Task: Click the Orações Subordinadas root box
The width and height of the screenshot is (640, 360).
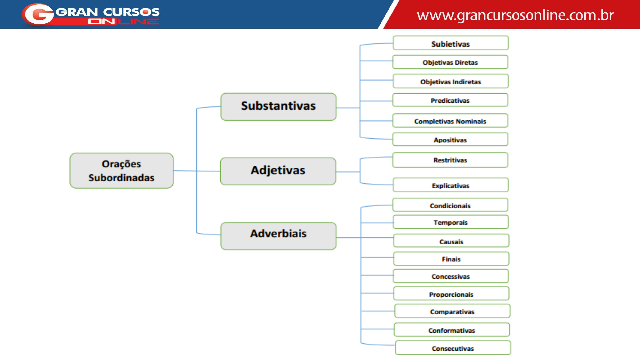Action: coord(121,171)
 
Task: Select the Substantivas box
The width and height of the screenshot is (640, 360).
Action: coord(278,107)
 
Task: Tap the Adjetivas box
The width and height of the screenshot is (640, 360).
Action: coord(278,171)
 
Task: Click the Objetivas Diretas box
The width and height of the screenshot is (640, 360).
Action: coord(450,62)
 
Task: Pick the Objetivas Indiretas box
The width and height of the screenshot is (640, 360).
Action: coord(450,81)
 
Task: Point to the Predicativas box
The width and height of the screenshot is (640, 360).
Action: coord(450,100)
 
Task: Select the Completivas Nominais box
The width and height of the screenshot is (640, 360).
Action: coord(450,121)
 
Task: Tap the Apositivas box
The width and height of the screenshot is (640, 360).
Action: coord(450,140)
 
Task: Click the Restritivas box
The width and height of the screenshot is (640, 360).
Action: coord(450,160)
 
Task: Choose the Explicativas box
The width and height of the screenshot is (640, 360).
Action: coord(450,185)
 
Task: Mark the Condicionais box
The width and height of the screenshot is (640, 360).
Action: coord(450,205)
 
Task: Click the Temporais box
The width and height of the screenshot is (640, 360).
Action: coord(450,222)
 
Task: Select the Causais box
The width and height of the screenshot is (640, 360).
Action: coord(451,241)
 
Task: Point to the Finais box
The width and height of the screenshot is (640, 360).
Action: coord(451,259)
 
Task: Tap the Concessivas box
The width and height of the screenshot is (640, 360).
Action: coord(451,276)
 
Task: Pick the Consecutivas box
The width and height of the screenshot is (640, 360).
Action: coord(453,348)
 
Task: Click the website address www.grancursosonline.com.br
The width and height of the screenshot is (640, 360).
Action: coord(515,15)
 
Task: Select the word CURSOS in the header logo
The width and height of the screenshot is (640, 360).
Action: coord(131,12)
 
